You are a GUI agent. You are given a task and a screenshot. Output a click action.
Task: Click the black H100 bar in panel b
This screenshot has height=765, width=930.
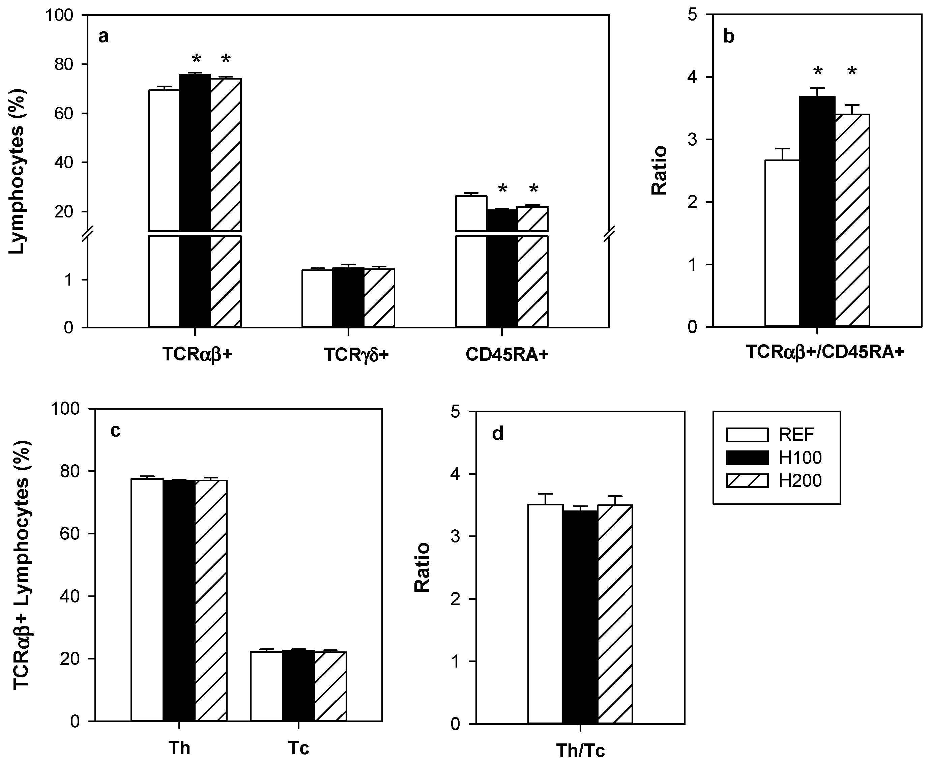(x=817, y=211)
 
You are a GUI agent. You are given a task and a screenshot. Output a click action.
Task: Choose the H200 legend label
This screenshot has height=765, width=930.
(x=800, y=481)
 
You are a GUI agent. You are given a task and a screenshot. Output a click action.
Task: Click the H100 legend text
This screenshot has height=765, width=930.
(x=800, y=458)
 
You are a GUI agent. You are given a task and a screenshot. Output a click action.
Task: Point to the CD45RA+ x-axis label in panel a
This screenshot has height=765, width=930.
(x=506, y=355)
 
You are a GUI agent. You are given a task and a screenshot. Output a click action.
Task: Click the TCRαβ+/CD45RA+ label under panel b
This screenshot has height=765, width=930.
(x=825, y=352)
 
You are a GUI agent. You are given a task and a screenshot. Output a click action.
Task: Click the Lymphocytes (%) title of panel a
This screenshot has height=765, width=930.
(x=18, y=172)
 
